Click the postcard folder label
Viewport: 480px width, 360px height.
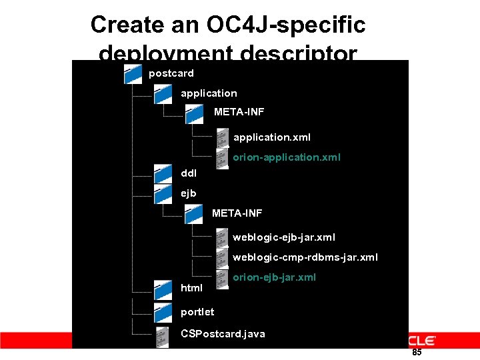(171, 73)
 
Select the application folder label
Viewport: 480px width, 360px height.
(209, 93)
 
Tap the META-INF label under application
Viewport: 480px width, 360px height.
(239, 112)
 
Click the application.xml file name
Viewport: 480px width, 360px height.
(272, 137)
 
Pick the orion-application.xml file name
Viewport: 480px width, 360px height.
(287, 157)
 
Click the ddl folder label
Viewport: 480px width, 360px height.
(189, 173)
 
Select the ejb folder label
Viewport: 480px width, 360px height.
(189, 194)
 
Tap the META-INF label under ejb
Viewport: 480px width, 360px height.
(237, 213)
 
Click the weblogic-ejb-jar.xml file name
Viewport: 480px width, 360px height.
(284, 237)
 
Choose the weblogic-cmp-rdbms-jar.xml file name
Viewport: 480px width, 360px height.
(305, 257)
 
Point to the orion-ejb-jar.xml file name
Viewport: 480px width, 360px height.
(275, 277)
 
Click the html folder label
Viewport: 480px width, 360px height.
(192, 288)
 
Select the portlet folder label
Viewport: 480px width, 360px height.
(198, 311)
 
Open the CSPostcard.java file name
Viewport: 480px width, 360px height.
(223, 333)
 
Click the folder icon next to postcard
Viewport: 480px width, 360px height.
(134, 74)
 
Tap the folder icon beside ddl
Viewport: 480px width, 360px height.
(163, 173)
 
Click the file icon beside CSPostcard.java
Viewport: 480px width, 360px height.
(162, 336)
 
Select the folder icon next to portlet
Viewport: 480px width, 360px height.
(163, 312)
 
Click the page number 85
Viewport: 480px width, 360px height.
(417, 352)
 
